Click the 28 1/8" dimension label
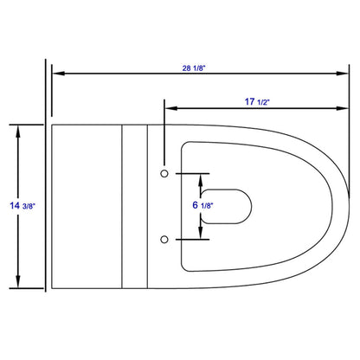(x=194, y=68)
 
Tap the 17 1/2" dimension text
(x=257, y=102)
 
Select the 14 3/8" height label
(x=22, y=206)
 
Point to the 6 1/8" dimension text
(x=202, y=205)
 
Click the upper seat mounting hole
(x=164, y=174)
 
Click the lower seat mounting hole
(x=164, y=240)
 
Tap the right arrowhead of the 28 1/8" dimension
(x=343, y=74)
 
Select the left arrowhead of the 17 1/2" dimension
(x=170, y=108)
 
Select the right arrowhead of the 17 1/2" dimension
(x=343, y=108)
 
